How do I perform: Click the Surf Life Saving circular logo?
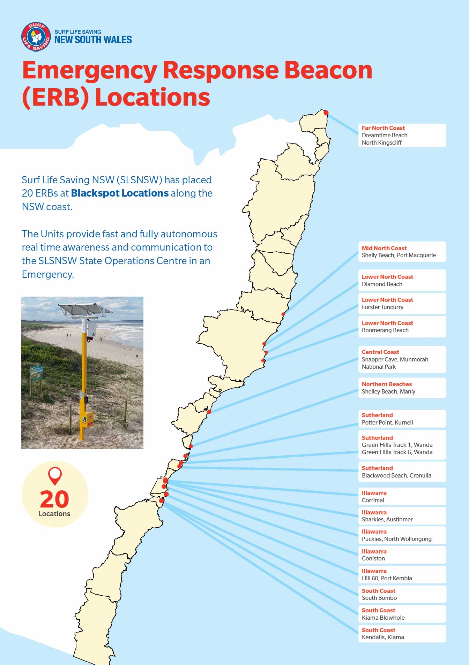click(36, 37)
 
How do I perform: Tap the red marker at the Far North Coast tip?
click(326, 113)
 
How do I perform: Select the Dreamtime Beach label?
click(384, 135)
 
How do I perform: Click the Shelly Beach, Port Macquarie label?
click(399, 255)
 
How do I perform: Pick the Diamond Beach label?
click(382, 284)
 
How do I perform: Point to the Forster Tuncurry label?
click(382, 307)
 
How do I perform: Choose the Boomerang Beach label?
click(385, 330)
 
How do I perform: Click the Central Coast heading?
click(380, 352)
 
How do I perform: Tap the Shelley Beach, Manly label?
click(388, 391)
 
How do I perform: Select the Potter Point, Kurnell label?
click(387, 422)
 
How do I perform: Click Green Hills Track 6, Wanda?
click(397, 452)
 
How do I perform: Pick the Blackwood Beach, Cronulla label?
click(396, 475)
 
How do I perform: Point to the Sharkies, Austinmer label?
click(387, 519)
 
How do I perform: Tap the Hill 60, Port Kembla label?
click(387, 578)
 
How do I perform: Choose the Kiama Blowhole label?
click(383, 618)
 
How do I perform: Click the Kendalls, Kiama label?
click(382, 637)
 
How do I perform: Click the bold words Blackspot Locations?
click(120, 193)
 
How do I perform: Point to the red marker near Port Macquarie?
click(283, 314)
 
